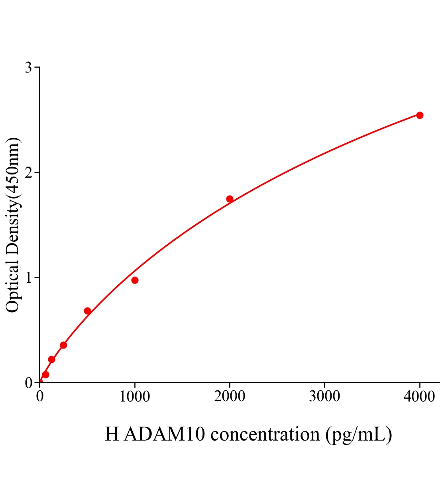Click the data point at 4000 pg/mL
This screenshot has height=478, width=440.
click(419, 115)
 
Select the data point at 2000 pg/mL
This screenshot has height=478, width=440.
click(230, 199)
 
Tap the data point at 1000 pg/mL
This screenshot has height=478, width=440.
click(135, 280)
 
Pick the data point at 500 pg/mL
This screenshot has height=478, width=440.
click(87, 311)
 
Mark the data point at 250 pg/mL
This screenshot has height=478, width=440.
click(63, 345)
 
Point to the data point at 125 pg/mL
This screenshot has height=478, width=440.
click(51, 359)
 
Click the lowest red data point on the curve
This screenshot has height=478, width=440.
click(45, 374)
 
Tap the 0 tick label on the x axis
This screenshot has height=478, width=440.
click(40, 397)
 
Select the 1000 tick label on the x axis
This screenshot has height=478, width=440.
click(135, 397)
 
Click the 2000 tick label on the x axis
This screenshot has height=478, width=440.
click(230, 397)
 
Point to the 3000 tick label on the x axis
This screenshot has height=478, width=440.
click(324, 397)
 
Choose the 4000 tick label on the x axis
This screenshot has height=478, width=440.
click(419, 397)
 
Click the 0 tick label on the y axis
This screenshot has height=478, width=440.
click(29, 383)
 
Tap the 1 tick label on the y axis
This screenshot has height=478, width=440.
click(29, 278)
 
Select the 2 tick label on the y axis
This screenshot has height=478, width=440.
click(29, 172)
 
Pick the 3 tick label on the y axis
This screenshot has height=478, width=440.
click(29, 68)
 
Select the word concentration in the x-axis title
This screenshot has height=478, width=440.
click(265, 434)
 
